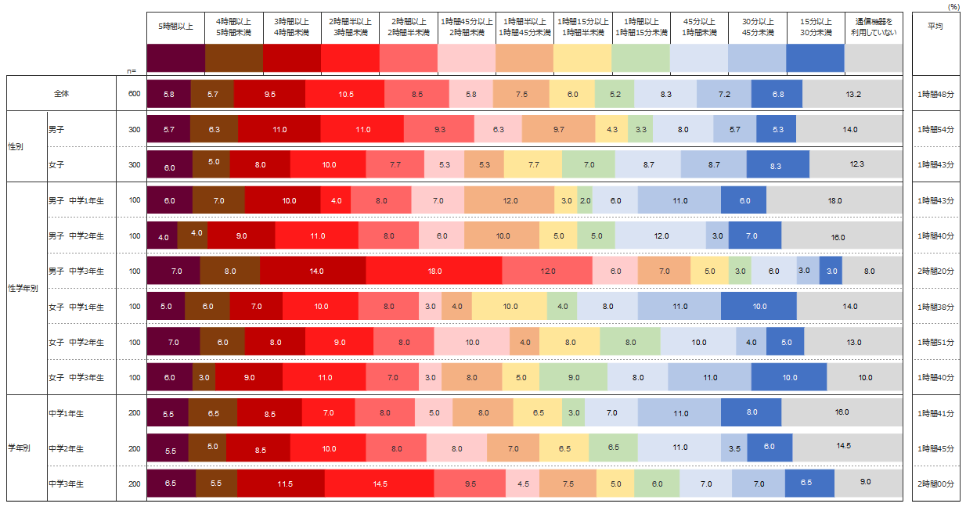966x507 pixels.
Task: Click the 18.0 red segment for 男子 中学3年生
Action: (434, 271)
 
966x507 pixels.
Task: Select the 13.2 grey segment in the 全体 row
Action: (853, 94)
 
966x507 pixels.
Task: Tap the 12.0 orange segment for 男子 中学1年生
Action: (510, 200)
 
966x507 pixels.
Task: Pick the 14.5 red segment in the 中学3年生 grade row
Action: (380, 484)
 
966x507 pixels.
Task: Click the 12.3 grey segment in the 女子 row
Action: (856, 164)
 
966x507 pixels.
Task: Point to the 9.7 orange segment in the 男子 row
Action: (558, 129)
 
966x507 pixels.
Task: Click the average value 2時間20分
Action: (935, 271)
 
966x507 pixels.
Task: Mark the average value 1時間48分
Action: (935, 94)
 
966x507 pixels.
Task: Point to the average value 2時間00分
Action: (935, 484)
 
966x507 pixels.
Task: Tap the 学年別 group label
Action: (19, 448)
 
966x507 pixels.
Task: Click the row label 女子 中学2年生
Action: (76, 342)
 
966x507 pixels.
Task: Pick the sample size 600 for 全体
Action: (134, 94)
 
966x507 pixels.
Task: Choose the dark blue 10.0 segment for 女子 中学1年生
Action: (759, 307)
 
